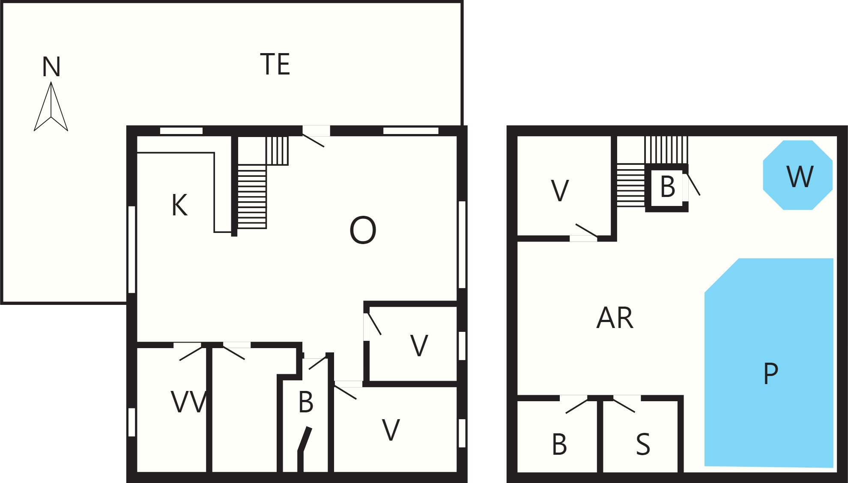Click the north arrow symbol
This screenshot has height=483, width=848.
[x=51, y=107]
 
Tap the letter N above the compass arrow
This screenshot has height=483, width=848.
[x=51, y=67]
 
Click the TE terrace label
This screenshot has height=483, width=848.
[x=275, y=64]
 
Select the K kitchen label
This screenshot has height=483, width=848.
[x=179, y=205]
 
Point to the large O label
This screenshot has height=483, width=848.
[x=363, y=230]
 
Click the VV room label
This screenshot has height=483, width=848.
[x=189, y=402]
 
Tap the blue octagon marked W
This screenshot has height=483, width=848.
[x=797, y=175]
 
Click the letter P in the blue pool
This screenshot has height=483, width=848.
[x=770, y=373]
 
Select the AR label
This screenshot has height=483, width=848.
[x=615, y=318]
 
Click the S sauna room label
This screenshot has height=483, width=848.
[x=643, y=444]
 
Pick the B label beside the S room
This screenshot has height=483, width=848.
[x=559, y=444]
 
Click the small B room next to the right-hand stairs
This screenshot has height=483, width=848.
[x=667, y=187]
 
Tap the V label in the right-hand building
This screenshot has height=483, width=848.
[x=560, y=191]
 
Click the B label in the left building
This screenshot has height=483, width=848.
[x=306, y=402]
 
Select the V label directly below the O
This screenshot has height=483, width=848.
[x=419, y=346]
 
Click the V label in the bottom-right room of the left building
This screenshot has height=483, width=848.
[x=391, y=430]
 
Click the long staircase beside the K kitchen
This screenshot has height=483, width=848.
[x=252, y=197]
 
